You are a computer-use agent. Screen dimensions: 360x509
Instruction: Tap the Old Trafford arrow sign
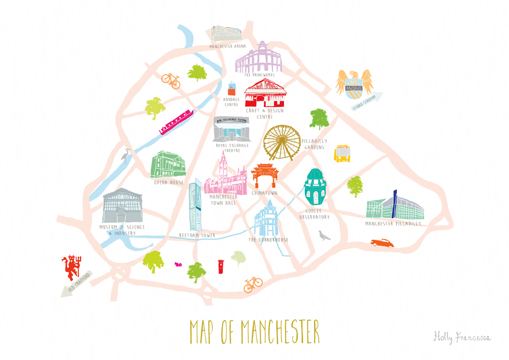(x=77, y=284)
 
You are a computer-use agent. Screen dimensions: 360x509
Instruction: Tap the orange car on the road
(x=382, y=243)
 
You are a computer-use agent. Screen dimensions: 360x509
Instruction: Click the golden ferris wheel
(x=282, y=143)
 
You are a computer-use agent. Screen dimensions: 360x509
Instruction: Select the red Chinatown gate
(x=265, y=175)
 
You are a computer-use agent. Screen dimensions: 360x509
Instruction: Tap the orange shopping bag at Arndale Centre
(x=232, y=89)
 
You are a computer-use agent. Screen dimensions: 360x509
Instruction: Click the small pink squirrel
(x=178, y=264)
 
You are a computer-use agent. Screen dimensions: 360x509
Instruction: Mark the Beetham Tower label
(x=197, y=236)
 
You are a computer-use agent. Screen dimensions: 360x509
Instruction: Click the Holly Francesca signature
(x=462, y=337)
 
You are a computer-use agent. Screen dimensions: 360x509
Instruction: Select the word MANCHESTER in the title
(x=280, y=330)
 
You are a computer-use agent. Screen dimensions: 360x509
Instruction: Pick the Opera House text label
(x=169, y=183)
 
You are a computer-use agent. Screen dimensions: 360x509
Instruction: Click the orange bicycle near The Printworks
(x=171, y=80)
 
